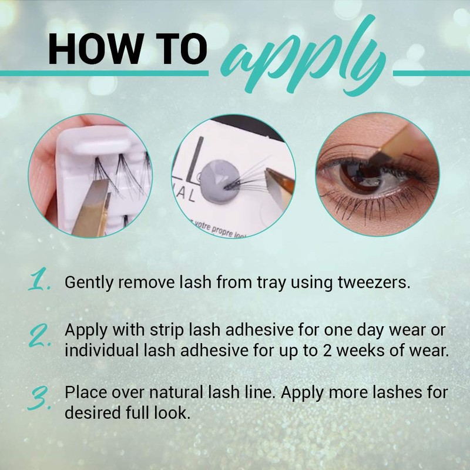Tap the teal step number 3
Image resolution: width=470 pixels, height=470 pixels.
pyautogui.click(x=39, y=399)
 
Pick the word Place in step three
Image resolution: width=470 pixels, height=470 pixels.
pyautogui.click(x=83, y=391)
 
